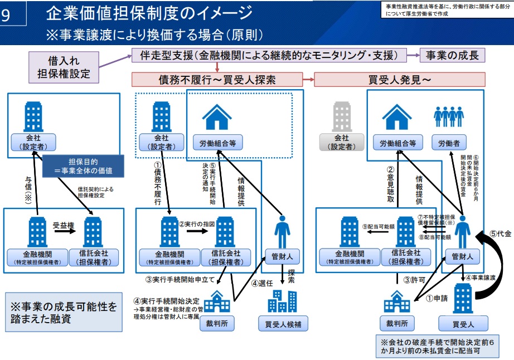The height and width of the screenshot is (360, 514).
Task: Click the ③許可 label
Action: coord(414,280)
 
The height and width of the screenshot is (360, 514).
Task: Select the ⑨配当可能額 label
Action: coord(378,227)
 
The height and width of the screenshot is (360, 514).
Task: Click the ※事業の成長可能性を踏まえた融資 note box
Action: coord(63,312)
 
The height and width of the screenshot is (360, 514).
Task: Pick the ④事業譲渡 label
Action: coord(481,277)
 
